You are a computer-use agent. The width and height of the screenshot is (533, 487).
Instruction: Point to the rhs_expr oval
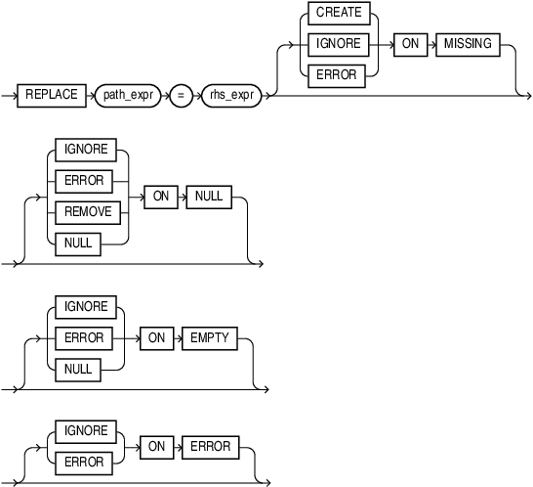coord(230,95)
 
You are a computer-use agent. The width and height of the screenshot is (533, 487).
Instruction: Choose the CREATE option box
coord(339,13)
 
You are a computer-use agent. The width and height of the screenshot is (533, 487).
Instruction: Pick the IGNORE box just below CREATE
coord(339,44)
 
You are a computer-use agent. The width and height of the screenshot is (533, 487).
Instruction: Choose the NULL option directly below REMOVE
coord(78,243)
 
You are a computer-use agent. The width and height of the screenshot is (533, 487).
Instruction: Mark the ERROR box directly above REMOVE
coord(83,180)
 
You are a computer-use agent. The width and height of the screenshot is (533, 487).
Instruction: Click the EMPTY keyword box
coord(210,337)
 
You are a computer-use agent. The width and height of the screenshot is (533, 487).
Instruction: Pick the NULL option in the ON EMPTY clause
coord(78,369)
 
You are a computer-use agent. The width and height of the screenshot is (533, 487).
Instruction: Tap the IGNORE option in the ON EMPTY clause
coord(86,306)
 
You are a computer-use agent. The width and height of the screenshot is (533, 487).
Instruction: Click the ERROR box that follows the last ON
coord(210,447)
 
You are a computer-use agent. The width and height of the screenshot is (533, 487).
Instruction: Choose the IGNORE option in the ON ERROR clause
coord(86,431)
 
